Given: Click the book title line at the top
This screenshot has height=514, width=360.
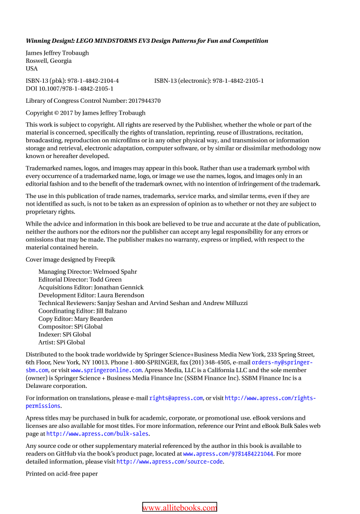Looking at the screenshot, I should [x=147, y=41].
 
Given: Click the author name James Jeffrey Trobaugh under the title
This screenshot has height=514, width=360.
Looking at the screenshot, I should [x=57, y=53].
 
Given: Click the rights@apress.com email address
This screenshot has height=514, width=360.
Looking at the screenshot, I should [x=176, y=398].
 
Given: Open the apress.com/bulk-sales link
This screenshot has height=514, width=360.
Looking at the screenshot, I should [x=98, y=434].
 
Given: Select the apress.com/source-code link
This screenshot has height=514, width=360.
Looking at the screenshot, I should [x=170, y=462].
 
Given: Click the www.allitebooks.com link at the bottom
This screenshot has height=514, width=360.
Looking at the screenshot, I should [x=180, y=508].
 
